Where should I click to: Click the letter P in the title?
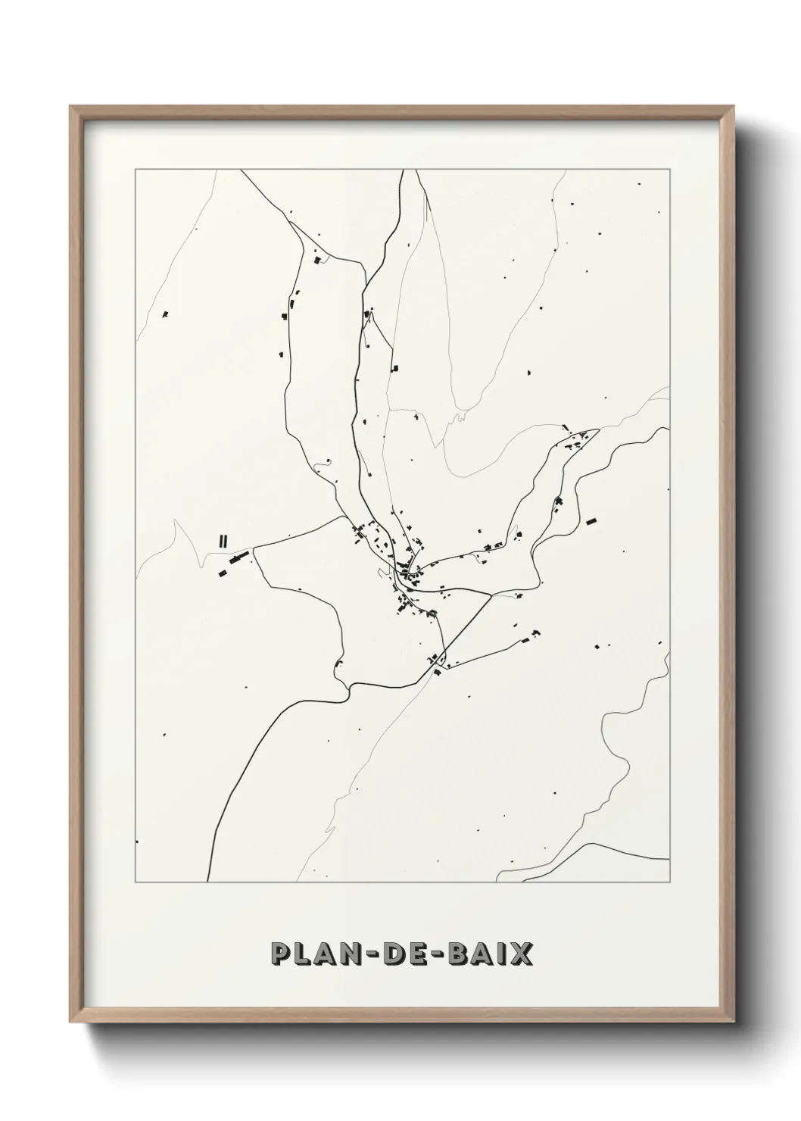tap(281, 954)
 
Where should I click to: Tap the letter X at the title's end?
tap(522, 954)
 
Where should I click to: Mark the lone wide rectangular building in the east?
tap(591, 521)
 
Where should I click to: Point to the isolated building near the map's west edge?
tap(165, 314)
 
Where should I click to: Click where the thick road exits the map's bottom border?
tap(208, 882)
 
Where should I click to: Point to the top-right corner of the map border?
tap(670, 169)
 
